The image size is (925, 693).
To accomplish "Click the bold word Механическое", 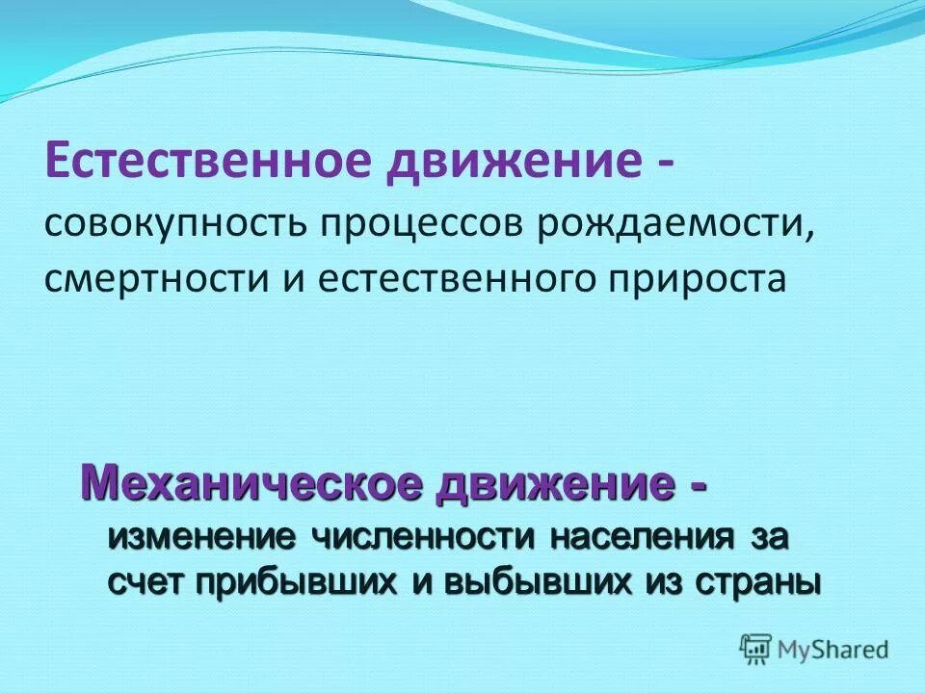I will click(251, 480).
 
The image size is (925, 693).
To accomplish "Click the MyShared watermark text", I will click(834, 650).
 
